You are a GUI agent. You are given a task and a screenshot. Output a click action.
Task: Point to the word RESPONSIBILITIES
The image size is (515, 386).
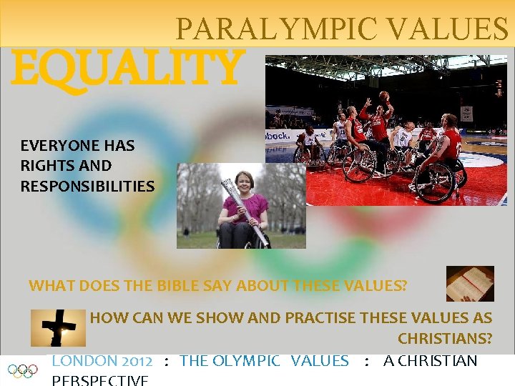point(87,187)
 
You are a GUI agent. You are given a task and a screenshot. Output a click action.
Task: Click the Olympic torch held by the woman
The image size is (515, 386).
point(244,211)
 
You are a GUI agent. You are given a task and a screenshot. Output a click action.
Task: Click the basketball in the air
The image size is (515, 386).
point(385,95)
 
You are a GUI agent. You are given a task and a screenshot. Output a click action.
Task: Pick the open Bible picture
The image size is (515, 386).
point(470,284)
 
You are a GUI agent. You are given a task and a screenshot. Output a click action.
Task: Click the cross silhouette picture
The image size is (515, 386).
point(57,328)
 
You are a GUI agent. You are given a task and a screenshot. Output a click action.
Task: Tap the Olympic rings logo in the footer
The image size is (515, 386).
point(22,371)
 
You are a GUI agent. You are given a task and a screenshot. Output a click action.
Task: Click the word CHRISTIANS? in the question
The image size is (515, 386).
point(445,338)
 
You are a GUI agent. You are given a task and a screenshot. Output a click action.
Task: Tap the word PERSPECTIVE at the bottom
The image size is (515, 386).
point(100,380)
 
